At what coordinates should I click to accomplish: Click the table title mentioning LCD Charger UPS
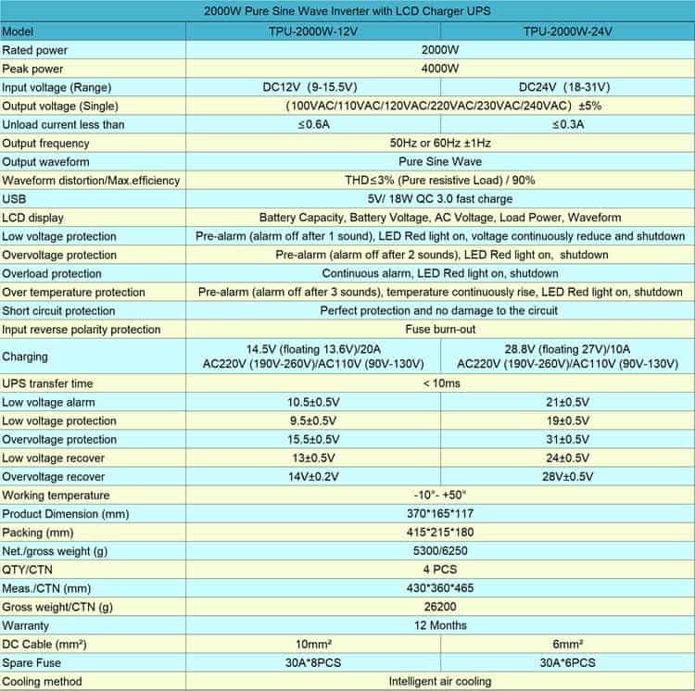tap(347, 11)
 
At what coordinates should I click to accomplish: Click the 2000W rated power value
tap(440, 49)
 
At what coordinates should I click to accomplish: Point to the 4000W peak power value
tap(440, 69)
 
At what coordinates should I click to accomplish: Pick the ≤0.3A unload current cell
tap(567, 124)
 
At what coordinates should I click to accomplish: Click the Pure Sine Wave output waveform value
tap(440, 161)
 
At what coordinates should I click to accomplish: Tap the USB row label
tap(14, 199)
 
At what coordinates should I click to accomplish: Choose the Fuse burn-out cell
tap(440, 329)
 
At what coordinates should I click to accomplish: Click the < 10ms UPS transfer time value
tap(440, 383)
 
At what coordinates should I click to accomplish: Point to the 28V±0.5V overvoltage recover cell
tap(567, 476)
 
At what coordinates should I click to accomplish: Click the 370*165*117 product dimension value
tap(440, 514)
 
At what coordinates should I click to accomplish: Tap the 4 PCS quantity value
tap(440, 570)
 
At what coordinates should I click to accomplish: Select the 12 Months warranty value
tap(440, 625)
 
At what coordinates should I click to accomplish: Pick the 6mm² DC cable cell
tap(567, 644)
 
